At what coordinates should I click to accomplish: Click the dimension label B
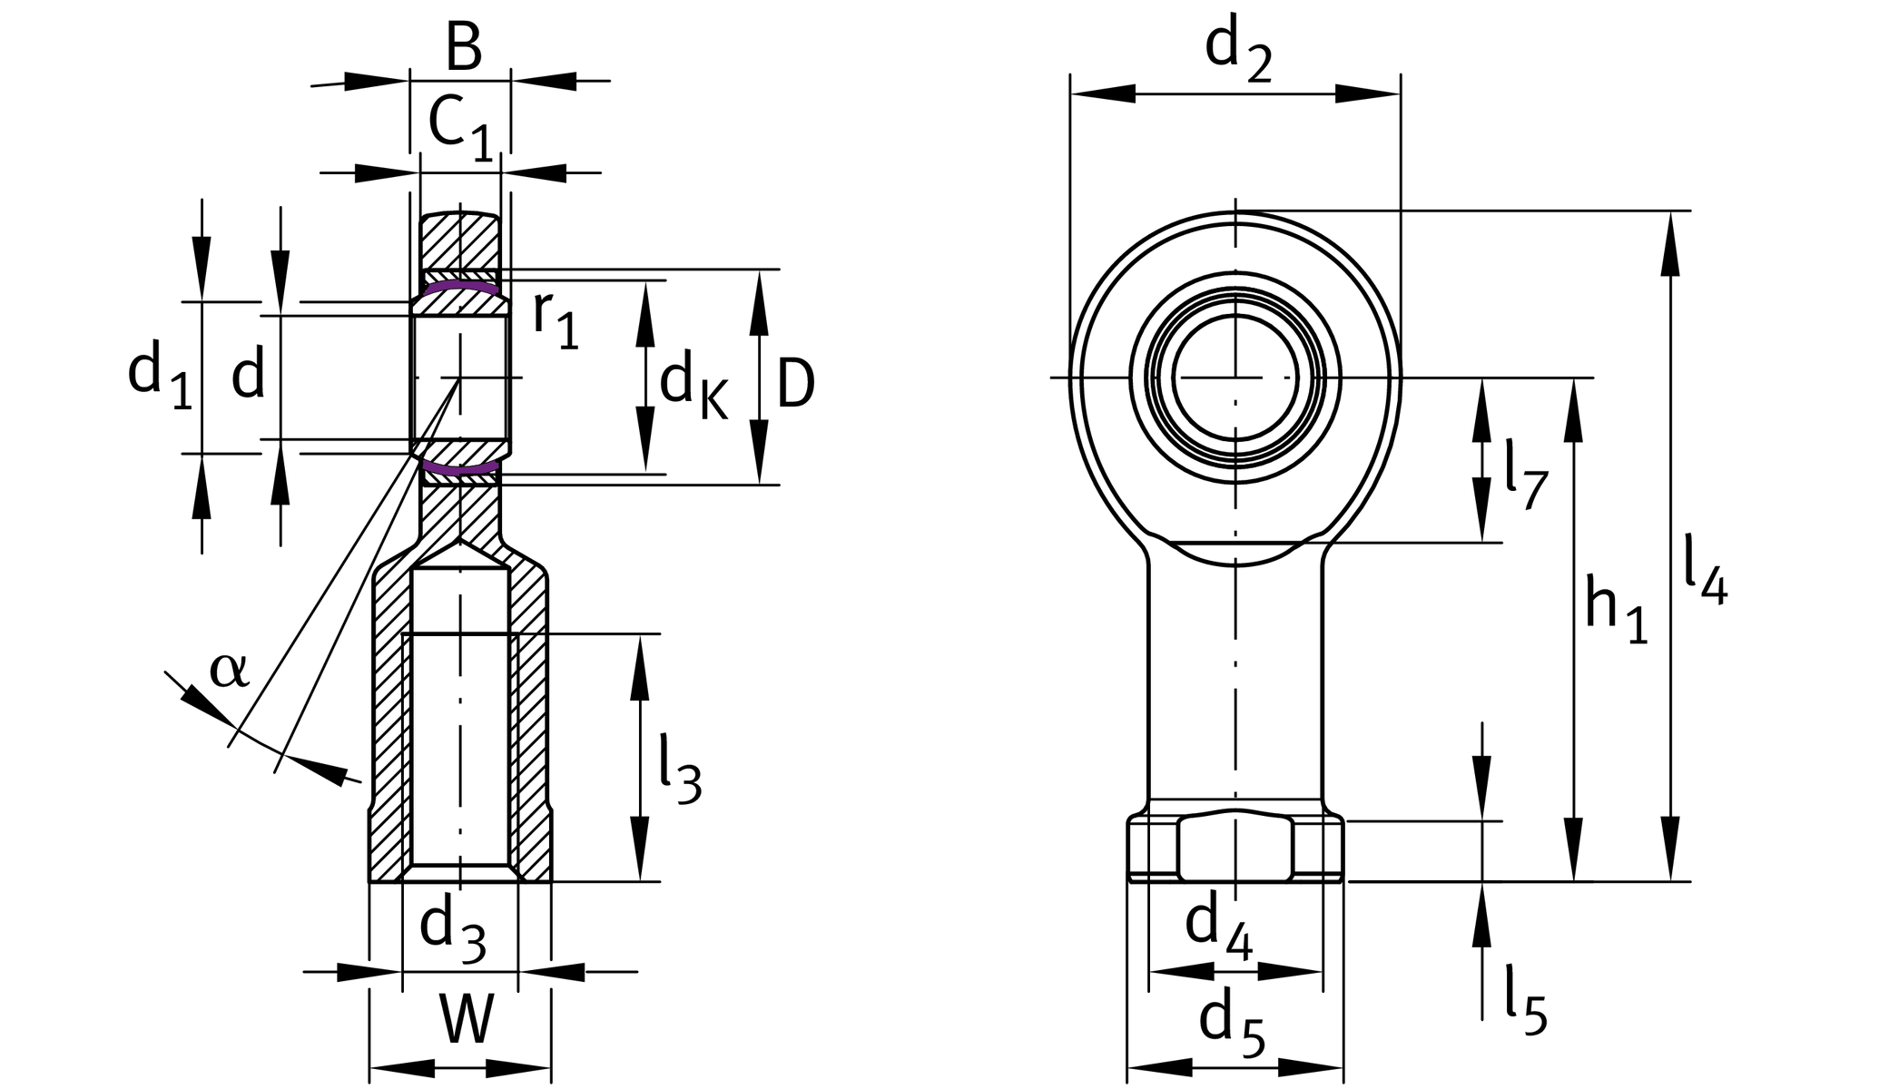point(463,47)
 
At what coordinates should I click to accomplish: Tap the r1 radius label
point(555,319)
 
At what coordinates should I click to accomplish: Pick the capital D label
point(795,385)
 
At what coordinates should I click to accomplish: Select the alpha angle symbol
point(228,671)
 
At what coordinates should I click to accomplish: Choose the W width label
point(466,1020)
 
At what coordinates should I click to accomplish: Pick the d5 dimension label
point(1231,1025)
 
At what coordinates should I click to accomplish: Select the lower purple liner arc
point(461,470)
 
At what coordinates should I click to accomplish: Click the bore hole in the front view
point(1235,378)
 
